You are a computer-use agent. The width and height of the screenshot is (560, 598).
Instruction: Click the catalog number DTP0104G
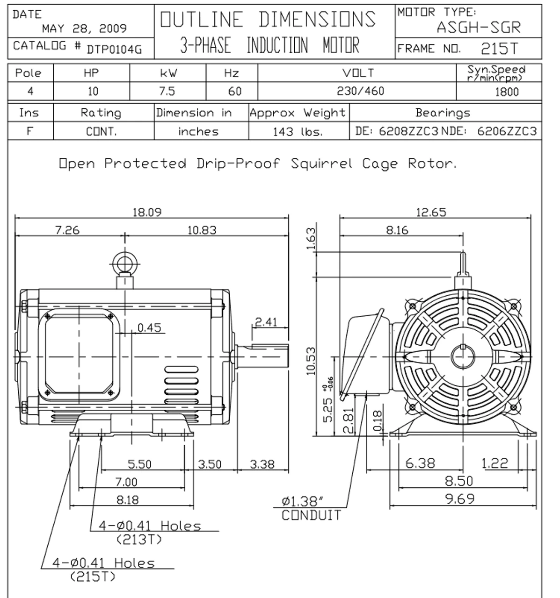(x=114, y=49)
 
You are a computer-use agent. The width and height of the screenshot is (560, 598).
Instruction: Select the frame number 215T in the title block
(x=499, y=49)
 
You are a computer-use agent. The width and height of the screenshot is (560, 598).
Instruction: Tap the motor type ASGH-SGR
(x=479, y=28)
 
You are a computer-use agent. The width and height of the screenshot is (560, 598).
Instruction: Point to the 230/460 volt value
(x=360, y=91)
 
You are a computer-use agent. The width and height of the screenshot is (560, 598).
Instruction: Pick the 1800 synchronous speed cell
(x=507, y=92)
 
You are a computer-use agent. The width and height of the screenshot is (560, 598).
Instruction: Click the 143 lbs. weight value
(x=298, y=132)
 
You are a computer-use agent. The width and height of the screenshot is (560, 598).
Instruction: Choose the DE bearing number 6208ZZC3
(x=408, y=131)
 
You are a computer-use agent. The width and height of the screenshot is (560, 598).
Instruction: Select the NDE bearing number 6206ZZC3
(x=507, y=131)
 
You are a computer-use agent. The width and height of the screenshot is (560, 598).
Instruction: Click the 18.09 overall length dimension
(x=147, y=212)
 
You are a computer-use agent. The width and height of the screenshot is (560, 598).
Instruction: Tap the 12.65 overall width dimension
(x=431, y=212)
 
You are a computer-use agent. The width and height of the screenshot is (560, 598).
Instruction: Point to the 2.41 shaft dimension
(x=266, y=322)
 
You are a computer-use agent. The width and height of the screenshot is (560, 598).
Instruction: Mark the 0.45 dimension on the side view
(x=149, y=327)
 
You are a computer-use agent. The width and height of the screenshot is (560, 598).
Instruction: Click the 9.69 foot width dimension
(x=460, y=499)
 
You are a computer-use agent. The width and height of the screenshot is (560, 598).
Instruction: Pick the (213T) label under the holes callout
(x=139, y=539)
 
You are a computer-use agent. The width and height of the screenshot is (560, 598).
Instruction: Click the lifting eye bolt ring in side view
(x=124, y=264)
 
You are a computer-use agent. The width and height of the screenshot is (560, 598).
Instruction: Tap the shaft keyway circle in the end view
(x=463, y=357)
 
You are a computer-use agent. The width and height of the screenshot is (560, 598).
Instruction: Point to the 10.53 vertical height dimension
(x=311, y=361)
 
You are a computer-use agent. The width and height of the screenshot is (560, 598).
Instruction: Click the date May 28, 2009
(x=84, y=28)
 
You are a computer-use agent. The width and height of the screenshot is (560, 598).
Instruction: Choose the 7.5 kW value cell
(x=167, y=91)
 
